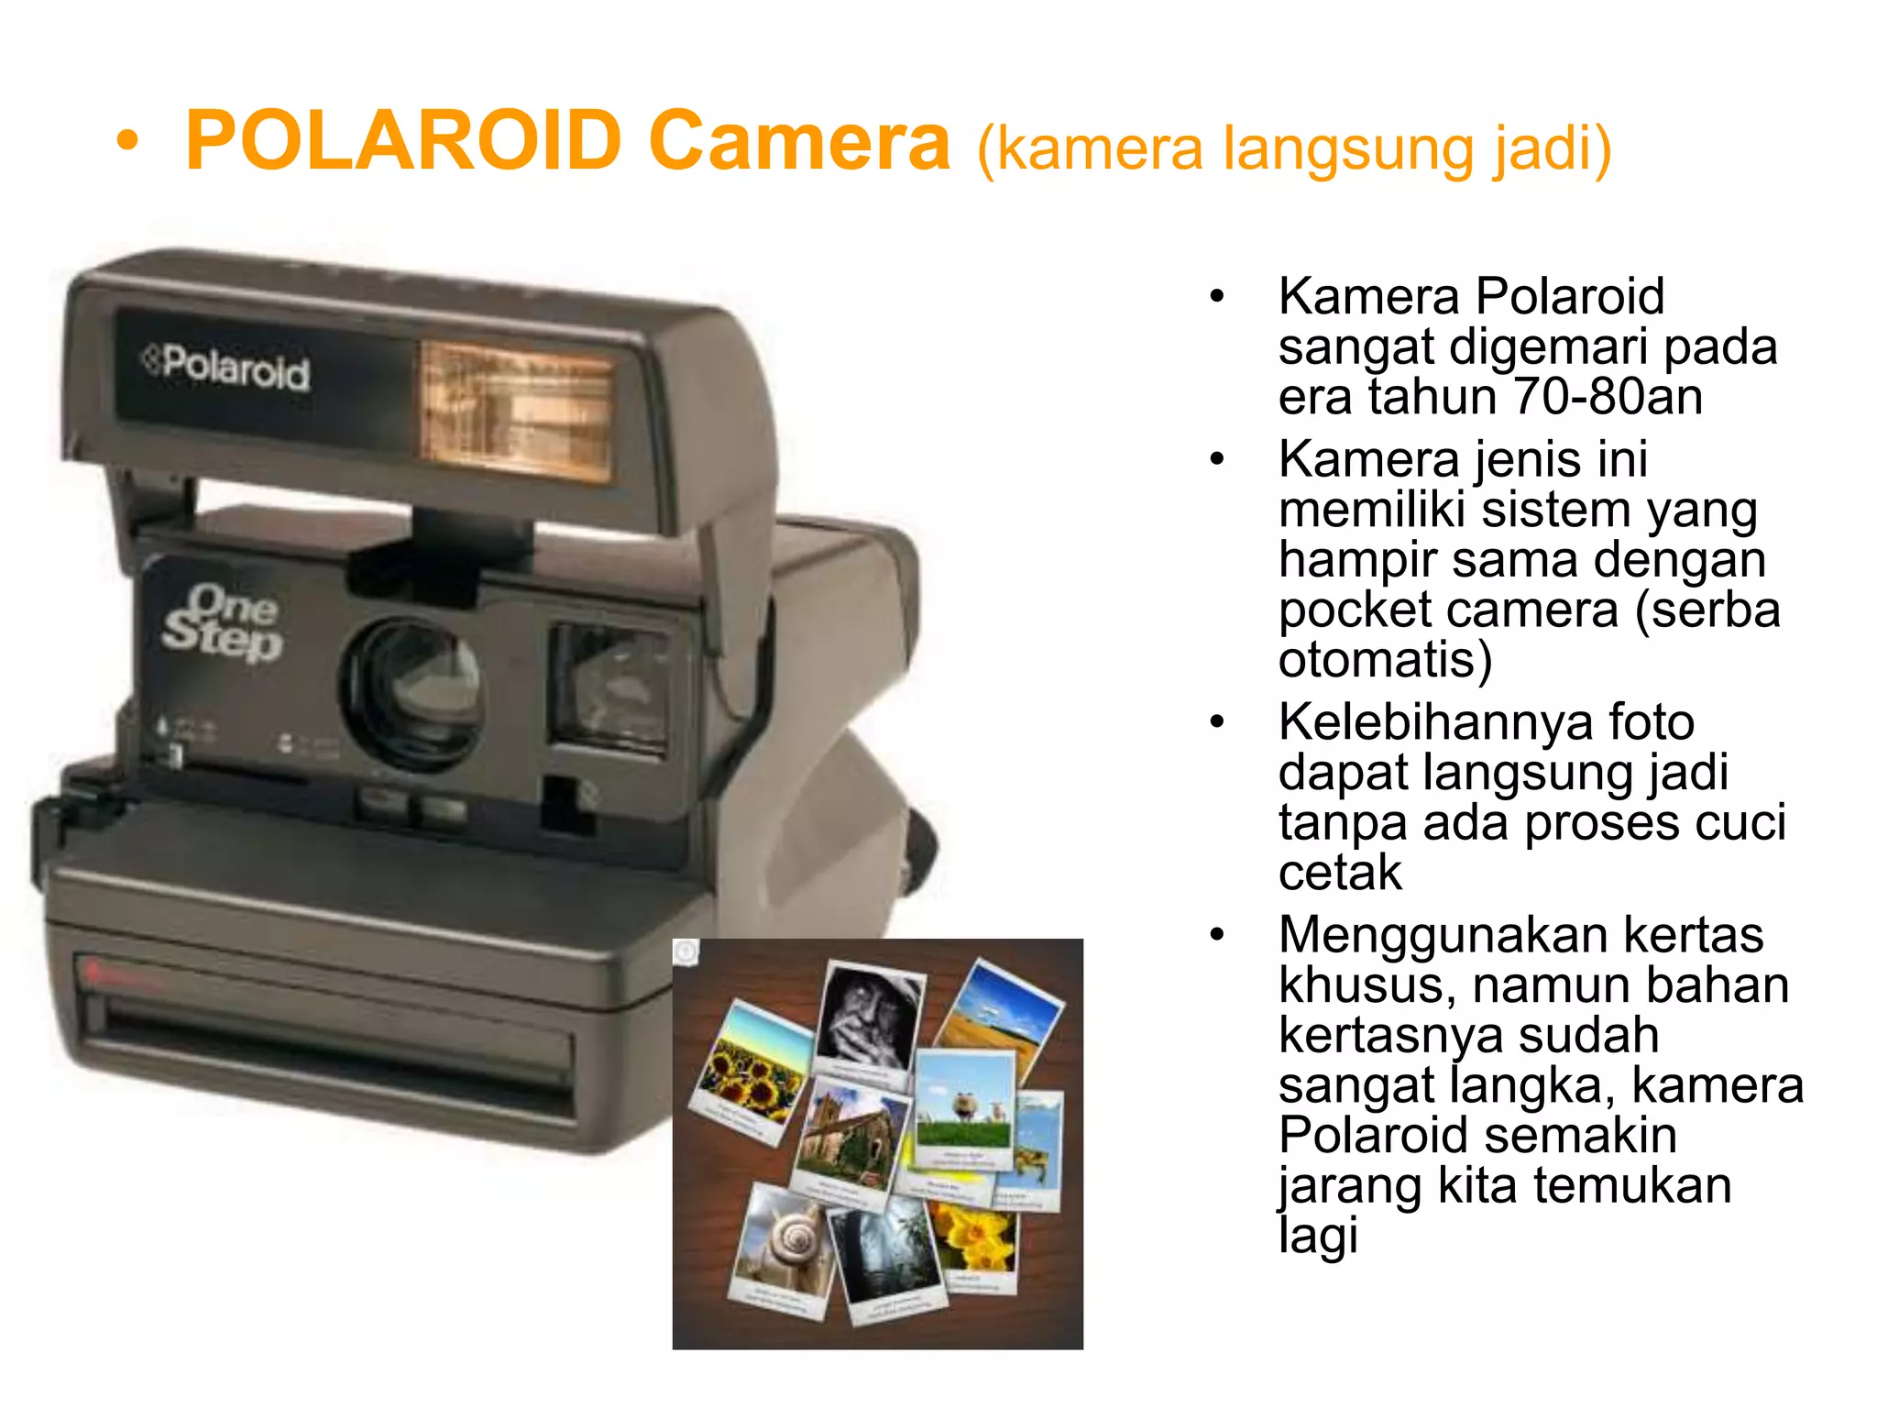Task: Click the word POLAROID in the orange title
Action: click(x=404, y=142)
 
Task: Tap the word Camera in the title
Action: click(x=799, y=142)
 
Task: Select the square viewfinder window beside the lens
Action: click(x=609, y=687)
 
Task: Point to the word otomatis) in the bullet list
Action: click(x=1385, y=660)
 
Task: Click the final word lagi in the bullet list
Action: click(x=1317, y=1236)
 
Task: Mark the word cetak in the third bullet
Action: click(x=1339, y=873)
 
